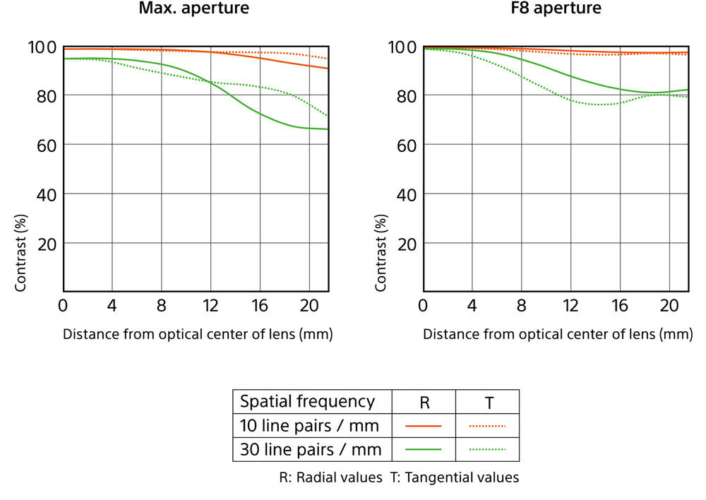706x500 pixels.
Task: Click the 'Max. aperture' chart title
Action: (x=193, y=10)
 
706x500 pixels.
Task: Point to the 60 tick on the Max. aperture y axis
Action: (x=46, y=145)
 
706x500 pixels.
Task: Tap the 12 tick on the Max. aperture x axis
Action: (x=210, y=306)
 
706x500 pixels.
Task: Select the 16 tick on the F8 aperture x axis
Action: (x=619, y=306)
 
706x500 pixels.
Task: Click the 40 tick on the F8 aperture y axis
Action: (x=406, y=194)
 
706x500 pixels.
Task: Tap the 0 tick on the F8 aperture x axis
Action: (x=423, y=306)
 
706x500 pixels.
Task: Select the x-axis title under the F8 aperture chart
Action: (x=558, y=334)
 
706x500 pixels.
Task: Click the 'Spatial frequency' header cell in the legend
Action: (x=307, y=402)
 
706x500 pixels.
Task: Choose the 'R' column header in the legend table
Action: (x=424, y=403)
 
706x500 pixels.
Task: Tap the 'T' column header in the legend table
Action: (x=489, y=403)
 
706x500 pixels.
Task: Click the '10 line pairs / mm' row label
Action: (x=309, y=426)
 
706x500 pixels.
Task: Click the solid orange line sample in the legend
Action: (x=424, y=426)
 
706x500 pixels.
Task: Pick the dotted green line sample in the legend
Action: (x=488, y=449)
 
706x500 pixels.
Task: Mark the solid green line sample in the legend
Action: (x=424, y=449)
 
